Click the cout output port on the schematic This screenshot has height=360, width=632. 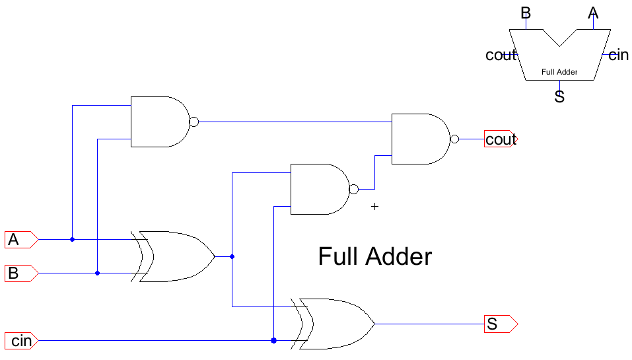click(501, 139)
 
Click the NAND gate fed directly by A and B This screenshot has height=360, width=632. click(159, 122)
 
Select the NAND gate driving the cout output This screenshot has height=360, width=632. click(420, 139)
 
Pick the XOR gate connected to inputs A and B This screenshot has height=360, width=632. click(175, 256)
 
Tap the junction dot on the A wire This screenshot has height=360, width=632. click(72, 239)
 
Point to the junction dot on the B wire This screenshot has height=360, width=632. click(97, 273)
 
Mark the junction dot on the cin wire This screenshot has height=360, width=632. click(273, 341)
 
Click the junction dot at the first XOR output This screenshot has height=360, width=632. click(232, 256)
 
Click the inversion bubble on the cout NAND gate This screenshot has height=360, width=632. click(454, 139)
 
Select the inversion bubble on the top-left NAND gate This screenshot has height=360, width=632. click(193, 122)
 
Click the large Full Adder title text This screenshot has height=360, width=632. click(374, 256)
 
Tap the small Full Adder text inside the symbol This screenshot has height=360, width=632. click(559, 72)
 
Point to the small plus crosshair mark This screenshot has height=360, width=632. click(375, 207)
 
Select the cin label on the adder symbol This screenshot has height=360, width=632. click(618, 55)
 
